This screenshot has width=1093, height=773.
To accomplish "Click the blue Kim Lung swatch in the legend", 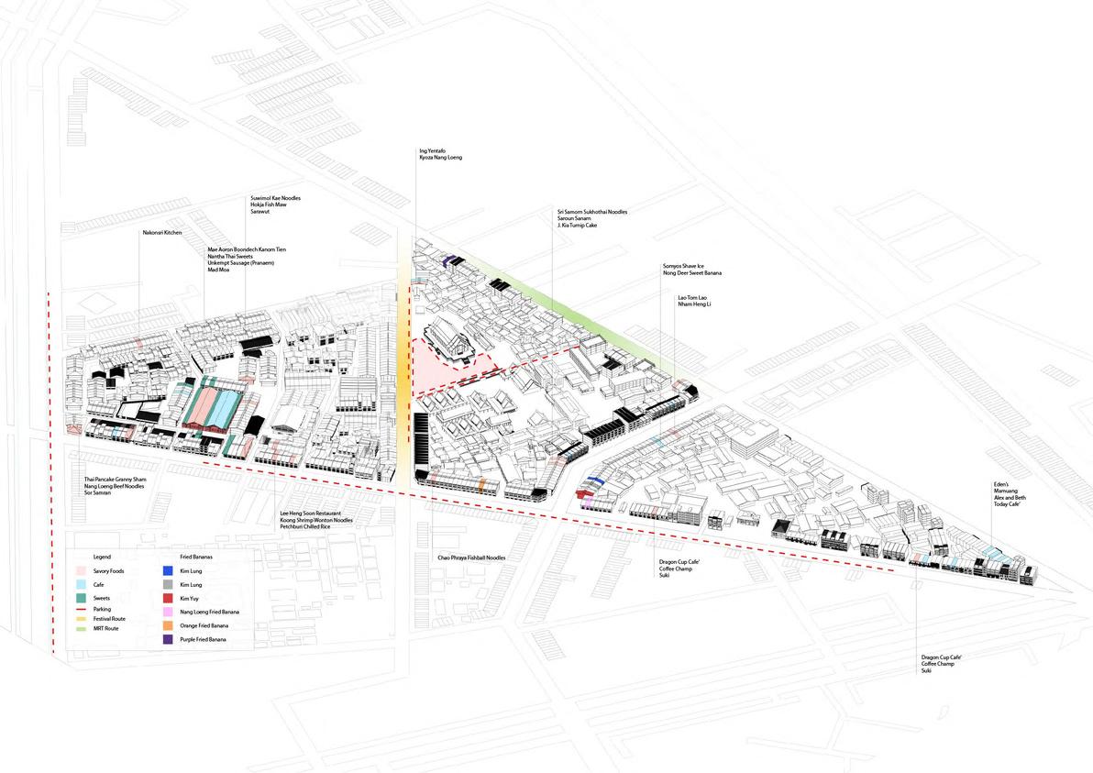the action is (168, 570).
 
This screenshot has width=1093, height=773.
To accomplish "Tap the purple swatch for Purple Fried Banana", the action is (168, 638).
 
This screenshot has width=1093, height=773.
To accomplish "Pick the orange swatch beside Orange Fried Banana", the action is (168, 624).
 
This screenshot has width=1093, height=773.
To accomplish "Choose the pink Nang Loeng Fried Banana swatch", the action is (168, 612).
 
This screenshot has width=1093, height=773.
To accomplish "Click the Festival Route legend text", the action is (109, 619).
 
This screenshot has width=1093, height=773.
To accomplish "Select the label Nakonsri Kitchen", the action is (161, 234).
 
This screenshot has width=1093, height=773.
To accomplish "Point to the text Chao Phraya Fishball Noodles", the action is (471, 558).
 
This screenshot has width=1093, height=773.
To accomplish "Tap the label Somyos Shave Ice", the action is (686, 266).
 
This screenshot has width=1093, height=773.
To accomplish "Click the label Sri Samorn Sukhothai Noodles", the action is (591, 212).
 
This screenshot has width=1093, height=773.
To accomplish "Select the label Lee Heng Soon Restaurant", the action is (315, 513).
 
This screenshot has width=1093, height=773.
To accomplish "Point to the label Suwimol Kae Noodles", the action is (275, 198).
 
